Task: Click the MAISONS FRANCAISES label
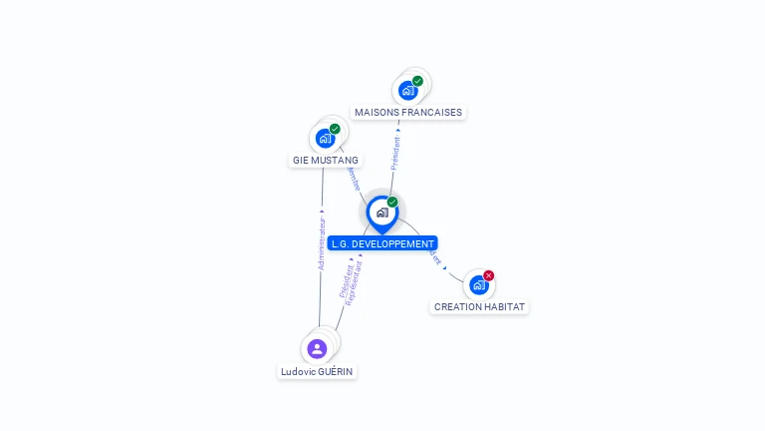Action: click(408, 113)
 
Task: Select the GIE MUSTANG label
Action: click(326, 160)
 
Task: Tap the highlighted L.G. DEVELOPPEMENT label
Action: click(382, 243)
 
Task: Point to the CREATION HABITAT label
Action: click(479, 307)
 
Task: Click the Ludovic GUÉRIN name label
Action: click(317, 371)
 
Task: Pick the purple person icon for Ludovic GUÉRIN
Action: click(317, 348)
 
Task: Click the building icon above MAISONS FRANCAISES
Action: click(407, 91)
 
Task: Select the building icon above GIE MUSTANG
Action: click(325, 139)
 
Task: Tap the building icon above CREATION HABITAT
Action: click(479, 285)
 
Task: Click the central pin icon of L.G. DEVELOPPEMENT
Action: click(382, 213)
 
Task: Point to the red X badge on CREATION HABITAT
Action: click(488, 275)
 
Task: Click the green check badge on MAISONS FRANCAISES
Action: click(417, 81)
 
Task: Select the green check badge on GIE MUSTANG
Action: click(335, 129)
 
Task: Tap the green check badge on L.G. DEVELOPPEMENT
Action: click(392, 203)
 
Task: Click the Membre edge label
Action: click(354, 180)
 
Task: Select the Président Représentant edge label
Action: click(350, 279)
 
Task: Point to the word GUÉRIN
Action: click(336, 371)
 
